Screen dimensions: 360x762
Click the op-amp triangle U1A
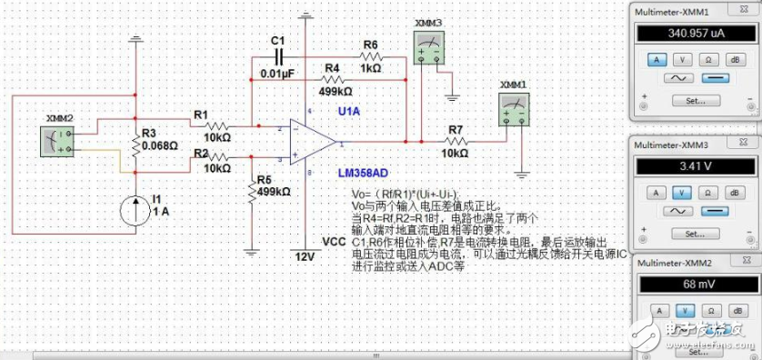pyautogui.click(x=309, y=143)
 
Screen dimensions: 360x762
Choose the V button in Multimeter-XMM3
pyautogui.click(x=681, y=193)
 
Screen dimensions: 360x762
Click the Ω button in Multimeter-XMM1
pyautogui.click(x=708, y=59)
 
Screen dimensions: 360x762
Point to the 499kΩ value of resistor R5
pyautogui.click(x=274, y=192)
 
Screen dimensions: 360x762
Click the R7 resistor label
pyautogui.click(x=454, y=132)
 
